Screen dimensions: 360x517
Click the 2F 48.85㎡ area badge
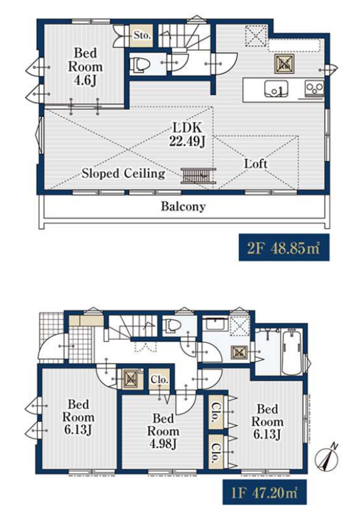point(284,247)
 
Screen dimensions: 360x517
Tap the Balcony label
point(183,207)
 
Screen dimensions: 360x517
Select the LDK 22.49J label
point(187,134)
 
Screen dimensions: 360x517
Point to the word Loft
point(256,163)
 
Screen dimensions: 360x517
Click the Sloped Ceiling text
point(124,173)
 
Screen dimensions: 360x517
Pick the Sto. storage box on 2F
point(142,36)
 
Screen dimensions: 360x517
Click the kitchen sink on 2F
point(276,89)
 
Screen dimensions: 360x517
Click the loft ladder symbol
point(198,175)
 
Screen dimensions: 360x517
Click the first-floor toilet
point(173,325)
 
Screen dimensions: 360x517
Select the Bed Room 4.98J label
point(163,431)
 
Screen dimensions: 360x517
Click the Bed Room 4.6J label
point(85,67)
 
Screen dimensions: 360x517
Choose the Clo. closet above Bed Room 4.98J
point(160,379)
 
